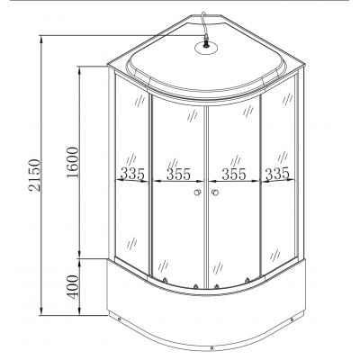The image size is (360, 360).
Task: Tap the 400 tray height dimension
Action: tap(71, 286)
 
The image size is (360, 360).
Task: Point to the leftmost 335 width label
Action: tap(132, 172)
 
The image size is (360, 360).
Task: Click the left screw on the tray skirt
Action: tap(116, 318)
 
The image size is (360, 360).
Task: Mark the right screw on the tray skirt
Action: tap(295, 318)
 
